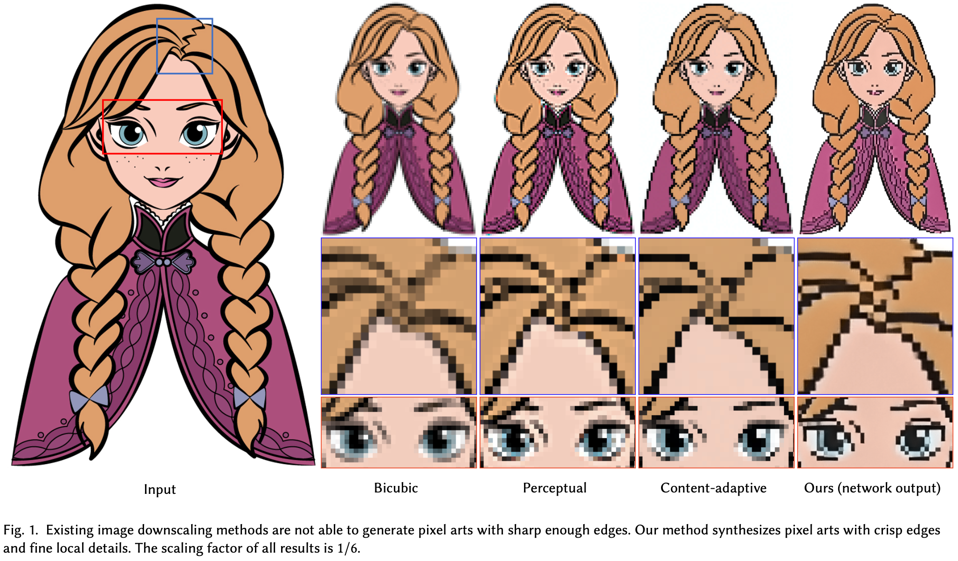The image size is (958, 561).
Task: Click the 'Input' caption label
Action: tap(159, 489)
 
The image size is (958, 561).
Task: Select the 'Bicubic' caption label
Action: tap(396, 488)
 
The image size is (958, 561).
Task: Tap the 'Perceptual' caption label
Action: tap(555, 488)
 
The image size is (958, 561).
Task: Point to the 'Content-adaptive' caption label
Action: tap(713, 488)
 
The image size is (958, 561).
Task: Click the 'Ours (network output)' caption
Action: tap(872, 488)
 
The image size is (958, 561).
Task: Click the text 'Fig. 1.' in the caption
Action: tap(21, 530)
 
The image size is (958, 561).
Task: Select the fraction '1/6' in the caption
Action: tap(348, 548)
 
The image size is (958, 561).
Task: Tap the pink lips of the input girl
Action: tap(163, 181)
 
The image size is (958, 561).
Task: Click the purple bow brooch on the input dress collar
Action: tap(163, 262)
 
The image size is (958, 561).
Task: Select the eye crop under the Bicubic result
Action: tap(399, 432)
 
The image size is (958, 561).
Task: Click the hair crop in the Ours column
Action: tap(875, 316)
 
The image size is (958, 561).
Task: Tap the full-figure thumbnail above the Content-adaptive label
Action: tap(717, 118)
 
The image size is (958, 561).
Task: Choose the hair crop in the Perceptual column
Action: tap(558, 316)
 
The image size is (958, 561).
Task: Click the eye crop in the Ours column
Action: tap(875, 432)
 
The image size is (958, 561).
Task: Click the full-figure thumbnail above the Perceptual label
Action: tap(558, 118)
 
